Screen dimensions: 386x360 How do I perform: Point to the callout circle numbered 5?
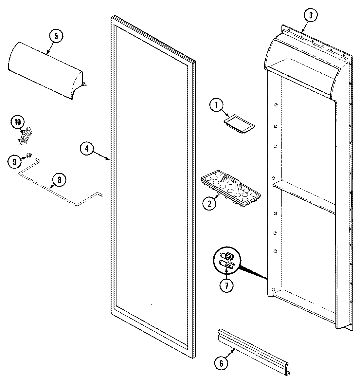tap(56, 36)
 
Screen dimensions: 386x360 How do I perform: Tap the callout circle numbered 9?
tap(14, 161)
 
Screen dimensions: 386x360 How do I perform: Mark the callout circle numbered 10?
tap(17, 122)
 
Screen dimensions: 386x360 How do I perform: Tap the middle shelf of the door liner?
tap(304, 197)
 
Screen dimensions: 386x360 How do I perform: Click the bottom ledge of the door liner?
tap(304, 306)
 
